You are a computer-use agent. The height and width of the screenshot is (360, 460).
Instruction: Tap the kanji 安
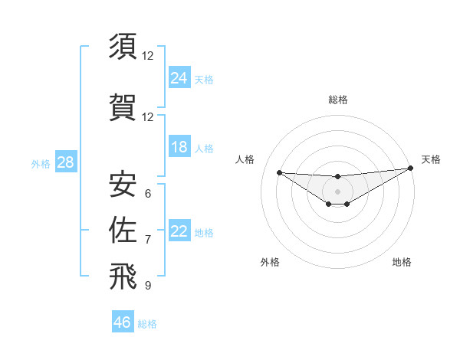pos(123,184)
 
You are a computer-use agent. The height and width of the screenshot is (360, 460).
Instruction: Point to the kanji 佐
pos(123,230)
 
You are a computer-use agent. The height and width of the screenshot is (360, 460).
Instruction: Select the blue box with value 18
pos(179,147)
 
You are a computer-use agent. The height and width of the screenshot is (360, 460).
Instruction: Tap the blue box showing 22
pos(179,231)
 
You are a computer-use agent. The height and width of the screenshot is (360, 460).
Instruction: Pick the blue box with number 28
pos(65,162)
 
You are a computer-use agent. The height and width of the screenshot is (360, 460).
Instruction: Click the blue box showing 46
pos(123,322)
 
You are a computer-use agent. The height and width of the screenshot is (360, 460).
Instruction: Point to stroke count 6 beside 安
pos(147,193)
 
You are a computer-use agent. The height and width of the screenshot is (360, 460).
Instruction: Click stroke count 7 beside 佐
pos(147,239)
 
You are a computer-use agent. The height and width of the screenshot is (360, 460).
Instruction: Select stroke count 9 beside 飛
pos(147,286)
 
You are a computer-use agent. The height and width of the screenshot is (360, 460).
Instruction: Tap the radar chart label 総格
pos(337,100)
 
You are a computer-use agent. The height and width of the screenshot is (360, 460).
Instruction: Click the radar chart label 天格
pos(431,159)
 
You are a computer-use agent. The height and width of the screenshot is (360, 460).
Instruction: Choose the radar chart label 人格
pos(245,159)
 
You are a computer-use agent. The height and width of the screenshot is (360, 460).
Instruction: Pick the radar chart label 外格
pos(270,262)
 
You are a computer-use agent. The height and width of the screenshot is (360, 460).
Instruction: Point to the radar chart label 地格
pos(402,262)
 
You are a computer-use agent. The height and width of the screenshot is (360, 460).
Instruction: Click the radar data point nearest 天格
pos(411,168)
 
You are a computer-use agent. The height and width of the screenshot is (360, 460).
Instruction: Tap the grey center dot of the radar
pos(337,191)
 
